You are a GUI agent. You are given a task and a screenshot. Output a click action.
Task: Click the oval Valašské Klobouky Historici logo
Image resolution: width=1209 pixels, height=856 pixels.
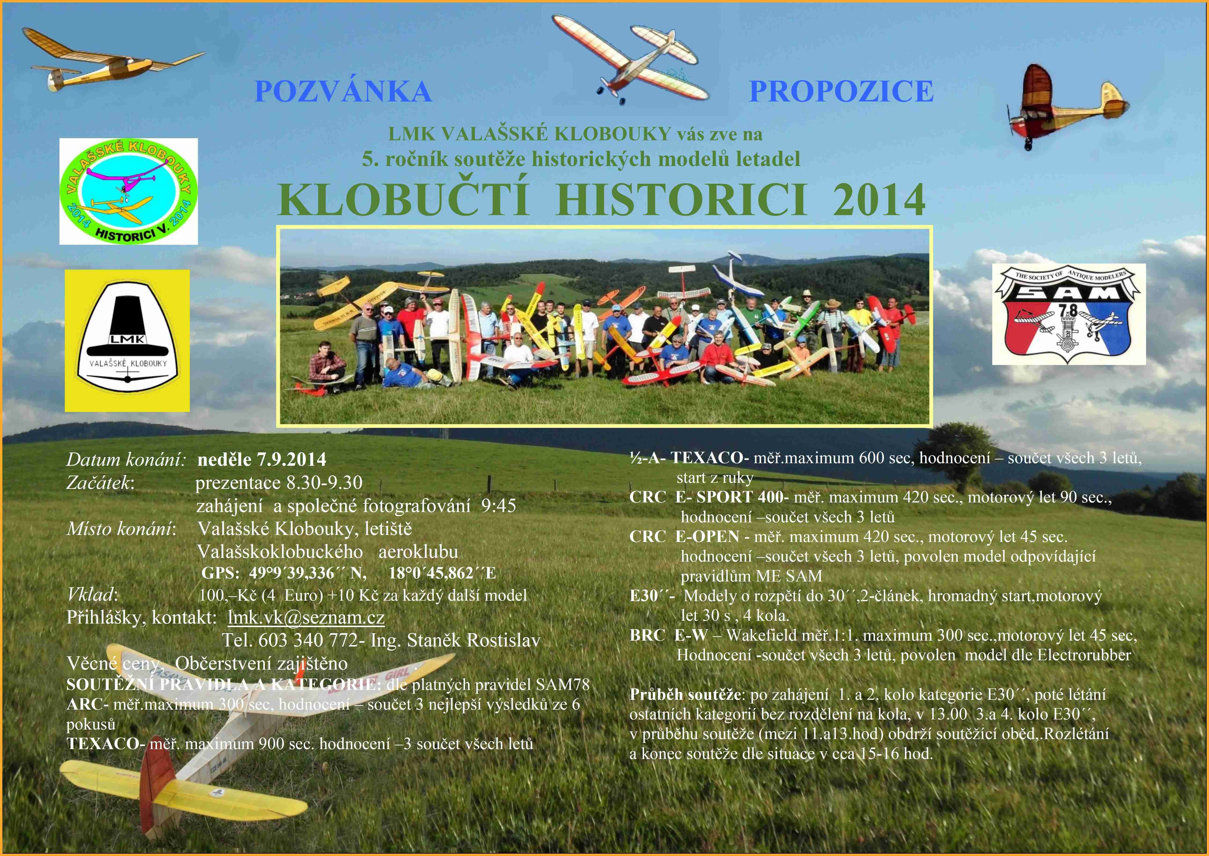click(128, 191)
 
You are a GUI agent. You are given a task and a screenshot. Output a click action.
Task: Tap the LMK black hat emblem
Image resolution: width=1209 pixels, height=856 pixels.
click(127, 340)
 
